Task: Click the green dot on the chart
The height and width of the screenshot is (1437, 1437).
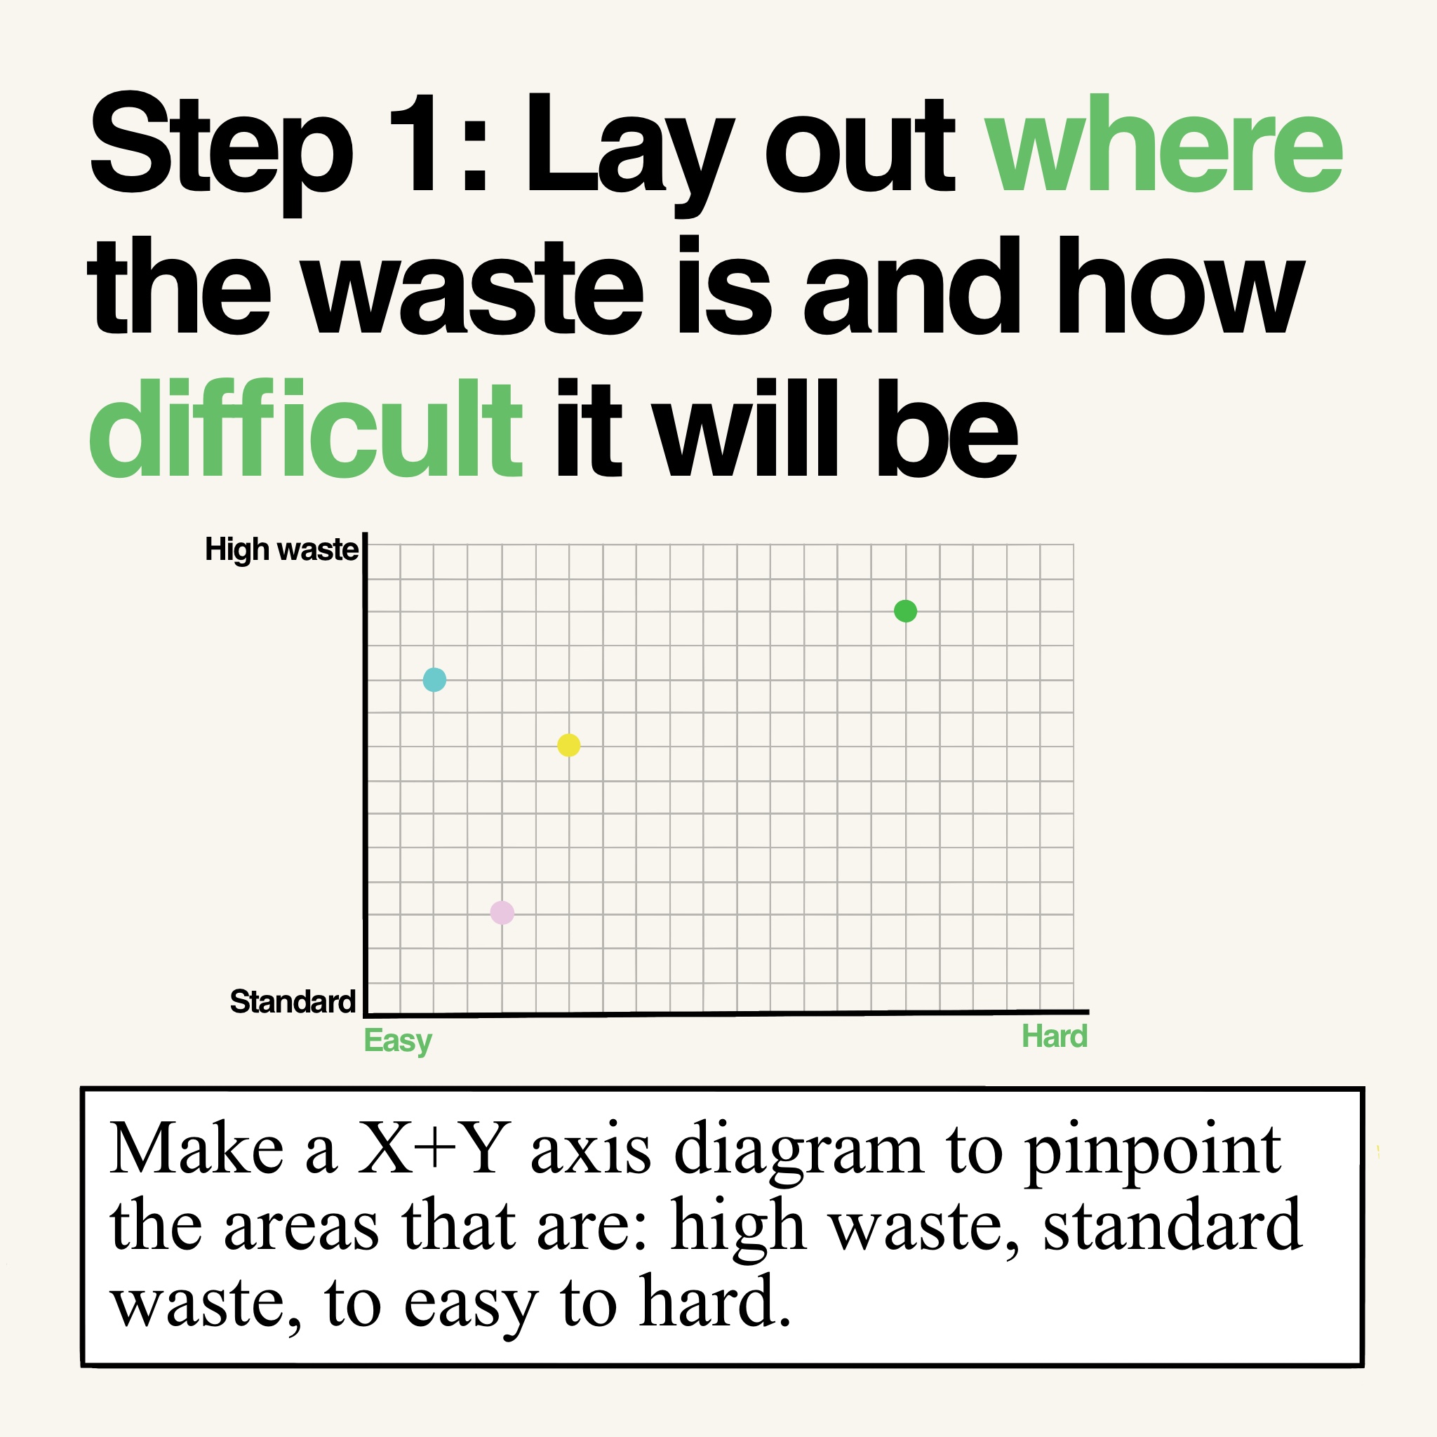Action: click(905, 611)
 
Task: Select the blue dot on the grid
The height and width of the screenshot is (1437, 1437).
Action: click(434, 679)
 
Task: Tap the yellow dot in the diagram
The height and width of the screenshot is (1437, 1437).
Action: click(569, 744)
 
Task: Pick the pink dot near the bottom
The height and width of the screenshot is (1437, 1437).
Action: click(502, 912)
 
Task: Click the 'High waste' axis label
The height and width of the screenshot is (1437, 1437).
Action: click(282, 549)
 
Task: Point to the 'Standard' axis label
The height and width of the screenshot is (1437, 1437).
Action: click(293, 1002)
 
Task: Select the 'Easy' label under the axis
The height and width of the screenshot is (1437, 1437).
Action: click(398, 1041)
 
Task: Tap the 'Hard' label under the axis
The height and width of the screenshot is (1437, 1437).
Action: click(1055, 1036)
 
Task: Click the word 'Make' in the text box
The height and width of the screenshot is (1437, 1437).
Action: click(197, 1149)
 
